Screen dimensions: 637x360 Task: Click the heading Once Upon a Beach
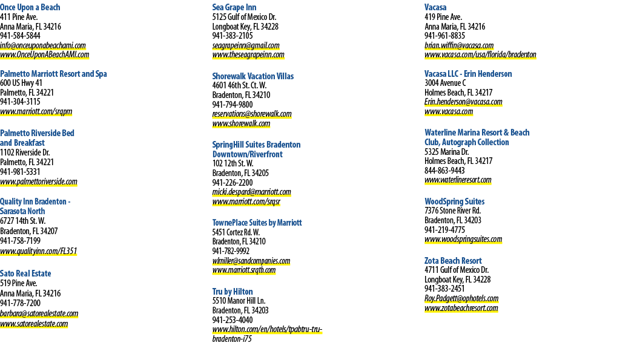pos(30,7)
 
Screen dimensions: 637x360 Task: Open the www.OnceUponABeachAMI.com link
pos(45,55)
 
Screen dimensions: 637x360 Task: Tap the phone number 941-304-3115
pos(21,102)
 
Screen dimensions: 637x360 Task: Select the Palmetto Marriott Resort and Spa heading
pos(54,74)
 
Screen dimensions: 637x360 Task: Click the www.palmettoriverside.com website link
pos(39,182)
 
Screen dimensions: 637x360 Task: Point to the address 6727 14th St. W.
pos(23,221)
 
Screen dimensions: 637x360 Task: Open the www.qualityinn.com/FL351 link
pos(39,251)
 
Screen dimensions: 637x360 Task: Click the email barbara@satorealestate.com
pos(39,314)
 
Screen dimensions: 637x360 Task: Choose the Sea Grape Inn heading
pos(234,7)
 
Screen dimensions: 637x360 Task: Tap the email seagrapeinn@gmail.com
pos(246,45)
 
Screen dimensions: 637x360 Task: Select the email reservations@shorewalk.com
pos(252,114)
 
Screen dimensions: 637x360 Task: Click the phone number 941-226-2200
pos(233,183)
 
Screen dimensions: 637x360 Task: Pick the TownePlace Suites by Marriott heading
pos(257,223)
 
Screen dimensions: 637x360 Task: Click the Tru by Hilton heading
pos(233,292)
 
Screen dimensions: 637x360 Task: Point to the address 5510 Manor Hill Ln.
pos(239,301)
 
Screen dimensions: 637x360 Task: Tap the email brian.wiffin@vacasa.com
pos(459,45)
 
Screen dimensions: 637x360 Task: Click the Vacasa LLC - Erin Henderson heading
pos(469,74)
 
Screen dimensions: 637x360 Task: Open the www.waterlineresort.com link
pos(458,180)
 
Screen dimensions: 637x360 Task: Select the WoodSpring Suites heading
pos(455,201)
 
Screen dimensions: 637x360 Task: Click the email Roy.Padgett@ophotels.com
pos(461,298)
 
